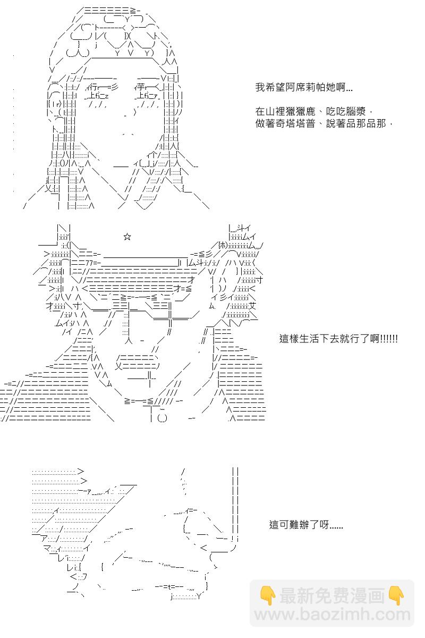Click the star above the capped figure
click(127, 237)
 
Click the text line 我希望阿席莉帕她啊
click(303, 88)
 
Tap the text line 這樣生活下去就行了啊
click(338, 339)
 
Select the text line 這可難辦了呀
click(306, 525)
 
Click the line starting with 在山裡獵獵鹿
click(317, 112)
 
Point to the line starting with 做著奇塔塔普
click(324, 123)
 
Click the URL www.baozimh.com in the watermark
click(332, 615)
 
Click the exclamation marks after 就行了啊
click(389, 339)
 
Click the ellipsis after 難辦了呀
click(336, 525)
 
